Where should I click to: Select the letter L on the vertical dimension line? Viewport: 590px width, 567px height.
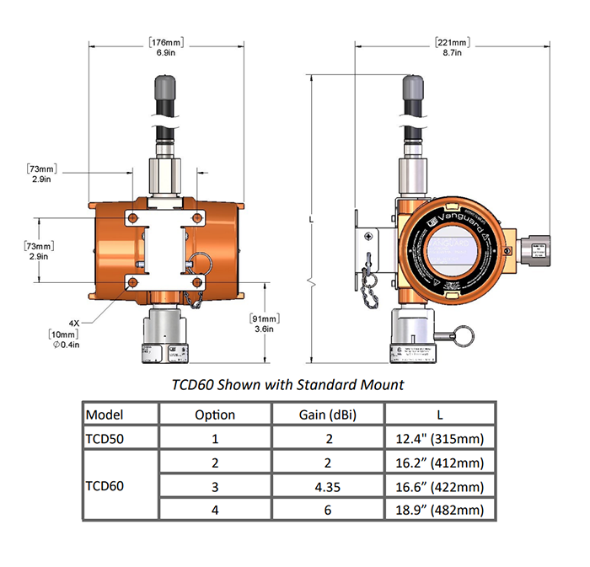(313, 218)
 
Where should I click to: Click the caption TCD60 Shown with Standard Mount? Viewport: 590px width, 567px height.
(287, 385)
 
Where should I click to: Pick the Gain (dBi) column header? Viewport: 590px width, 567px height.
(328, 415)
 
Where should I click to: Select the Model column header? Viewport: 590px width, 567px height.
(105, 415)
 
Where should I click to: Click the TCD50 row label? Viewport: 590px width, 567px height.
(110, 438)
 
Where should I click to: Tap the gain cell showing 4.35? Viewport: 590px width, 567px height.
(328, 486)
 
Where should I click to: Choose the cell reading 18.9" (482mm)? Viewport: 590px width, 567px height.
(441, 510)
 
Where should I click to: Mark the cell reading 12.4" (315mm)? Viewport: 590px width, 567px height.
(441, 438)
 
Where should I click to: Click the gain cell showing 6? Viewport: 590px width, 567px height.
(328, 510)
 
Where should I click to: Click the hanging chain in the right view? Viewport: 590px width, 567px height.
(369, 278)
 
